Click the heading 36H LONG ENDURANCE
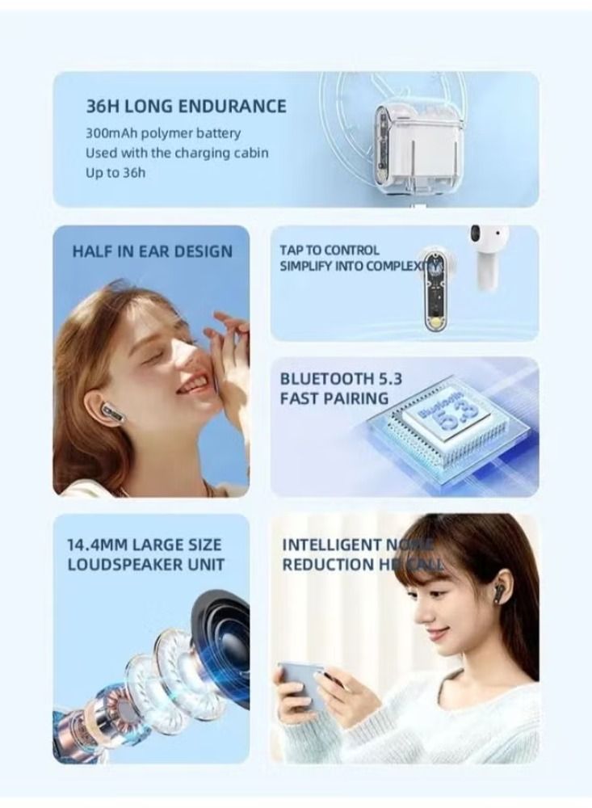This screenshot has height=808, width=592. (186, 106)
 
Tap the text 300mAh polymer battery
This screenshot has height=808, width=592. (163, 133)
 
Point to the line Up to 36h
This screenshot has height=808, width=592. (115, 172)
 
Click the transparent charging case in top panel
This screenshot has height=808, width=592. (408, 142)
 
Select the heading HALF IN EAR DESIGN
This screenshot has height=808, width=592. (152, 251)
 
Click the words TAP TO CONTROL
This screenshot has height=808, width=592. (329, 250)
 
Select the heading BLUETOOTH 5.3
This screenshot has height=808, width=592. (341, 378)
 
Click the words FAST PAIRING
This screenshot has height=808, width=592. (334, 398)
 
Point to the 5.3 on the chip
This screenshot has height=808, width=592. (443, 420)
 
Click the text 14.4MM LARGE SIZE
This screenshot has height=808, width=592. (144, 545)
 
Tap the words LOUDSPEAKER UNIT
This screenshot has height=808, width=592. (146, 564)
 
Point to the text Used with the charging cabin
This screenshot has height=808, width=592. (177, 153)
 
